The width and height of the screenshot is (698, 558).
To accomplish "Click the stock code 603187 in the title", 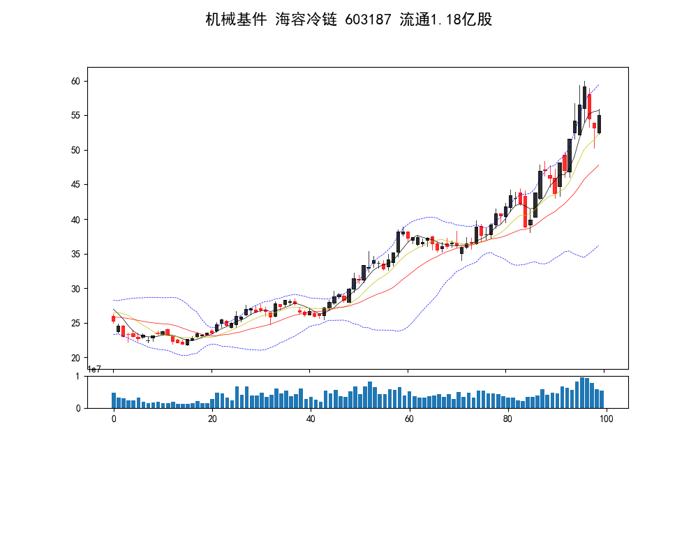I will coord(368,20).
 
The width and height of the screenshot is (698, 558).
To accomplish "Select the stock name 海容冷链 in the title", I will coord(306,20).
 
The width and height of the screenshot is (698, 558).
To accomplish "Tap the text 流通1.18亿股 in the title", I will coord(446,20).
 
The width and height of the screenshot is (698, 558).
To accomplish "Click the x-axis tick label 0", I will coord(114,418).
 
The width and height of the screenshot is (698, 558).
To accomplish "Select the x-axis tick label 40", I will coord(311,418).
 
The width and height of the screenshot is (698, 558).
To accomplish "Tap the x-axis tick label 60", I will coord(409,418).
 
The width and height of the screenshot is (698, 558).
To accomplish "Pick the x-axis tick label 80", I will coord(507,418).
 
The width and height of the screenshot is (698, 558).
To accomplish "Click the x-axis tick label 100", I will coord(606,418).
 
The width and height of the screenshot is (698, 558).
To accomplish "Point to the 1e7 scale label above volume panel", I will coord(95,369).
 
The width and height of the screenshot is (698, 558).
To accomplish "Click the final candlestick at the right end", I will coord(599,124).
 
